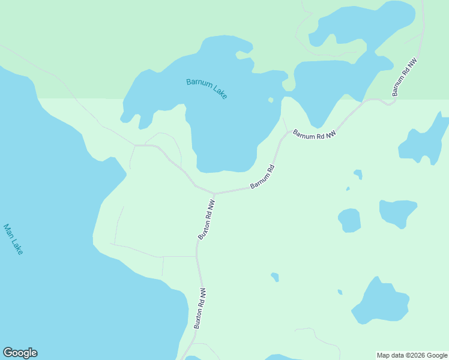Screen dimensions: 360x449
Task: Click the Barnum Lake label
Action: (x=206, y=88)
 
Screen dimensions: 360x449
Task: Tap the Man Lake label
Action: (x=13, y=239)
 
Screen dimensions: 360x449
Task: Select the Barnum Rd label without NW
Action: (x=262, y=176)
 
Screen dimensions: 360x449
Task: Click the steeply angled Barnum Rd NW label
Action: (x=404, y=77)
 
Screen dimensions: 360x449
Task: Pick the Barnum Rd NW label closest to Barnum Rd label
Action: (x=314, y=135)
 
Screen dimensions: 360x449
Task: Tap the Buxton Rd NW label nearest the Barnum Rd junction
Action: (x=206, y=220)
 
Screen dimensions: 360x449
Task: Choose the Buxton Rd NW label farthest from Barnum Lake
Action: (x=200, y=308)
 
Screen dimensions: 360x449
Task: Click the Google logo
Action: (x=20, y=353)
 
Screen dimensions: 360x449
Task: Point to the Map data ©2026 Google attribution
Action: (x=412, y=355)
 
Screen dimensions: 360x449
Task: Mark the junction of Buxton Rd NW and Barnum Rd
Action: (x=214, y=194)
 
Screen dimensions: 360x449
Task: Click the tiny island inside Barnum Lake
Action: (x=271, y=100)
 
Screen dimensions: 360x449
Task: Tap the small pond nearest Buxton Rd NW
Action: (x=275, y=277)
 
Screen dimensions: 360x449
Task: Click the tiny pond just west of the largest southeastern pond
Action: (x=340, y=292)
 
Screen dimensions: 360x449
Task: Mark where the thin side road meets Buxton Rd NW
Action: (x=197, y=257)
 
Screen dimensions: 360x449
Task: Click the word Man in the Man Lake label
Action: (x=8, y=232)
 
